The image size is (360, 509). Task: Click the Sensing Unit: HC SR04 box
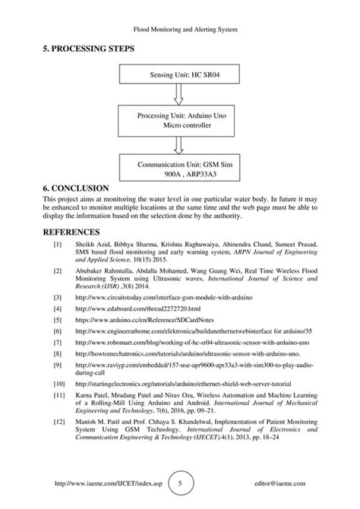[x=179, y=76]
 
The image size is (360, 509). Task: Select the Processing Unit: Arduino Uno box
[x=179, y=120]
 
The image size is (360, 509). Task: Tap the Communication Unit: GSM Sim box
[x=179, y=168]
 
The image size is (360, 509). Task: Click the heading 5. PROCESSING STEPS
[x=89, y=49]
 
